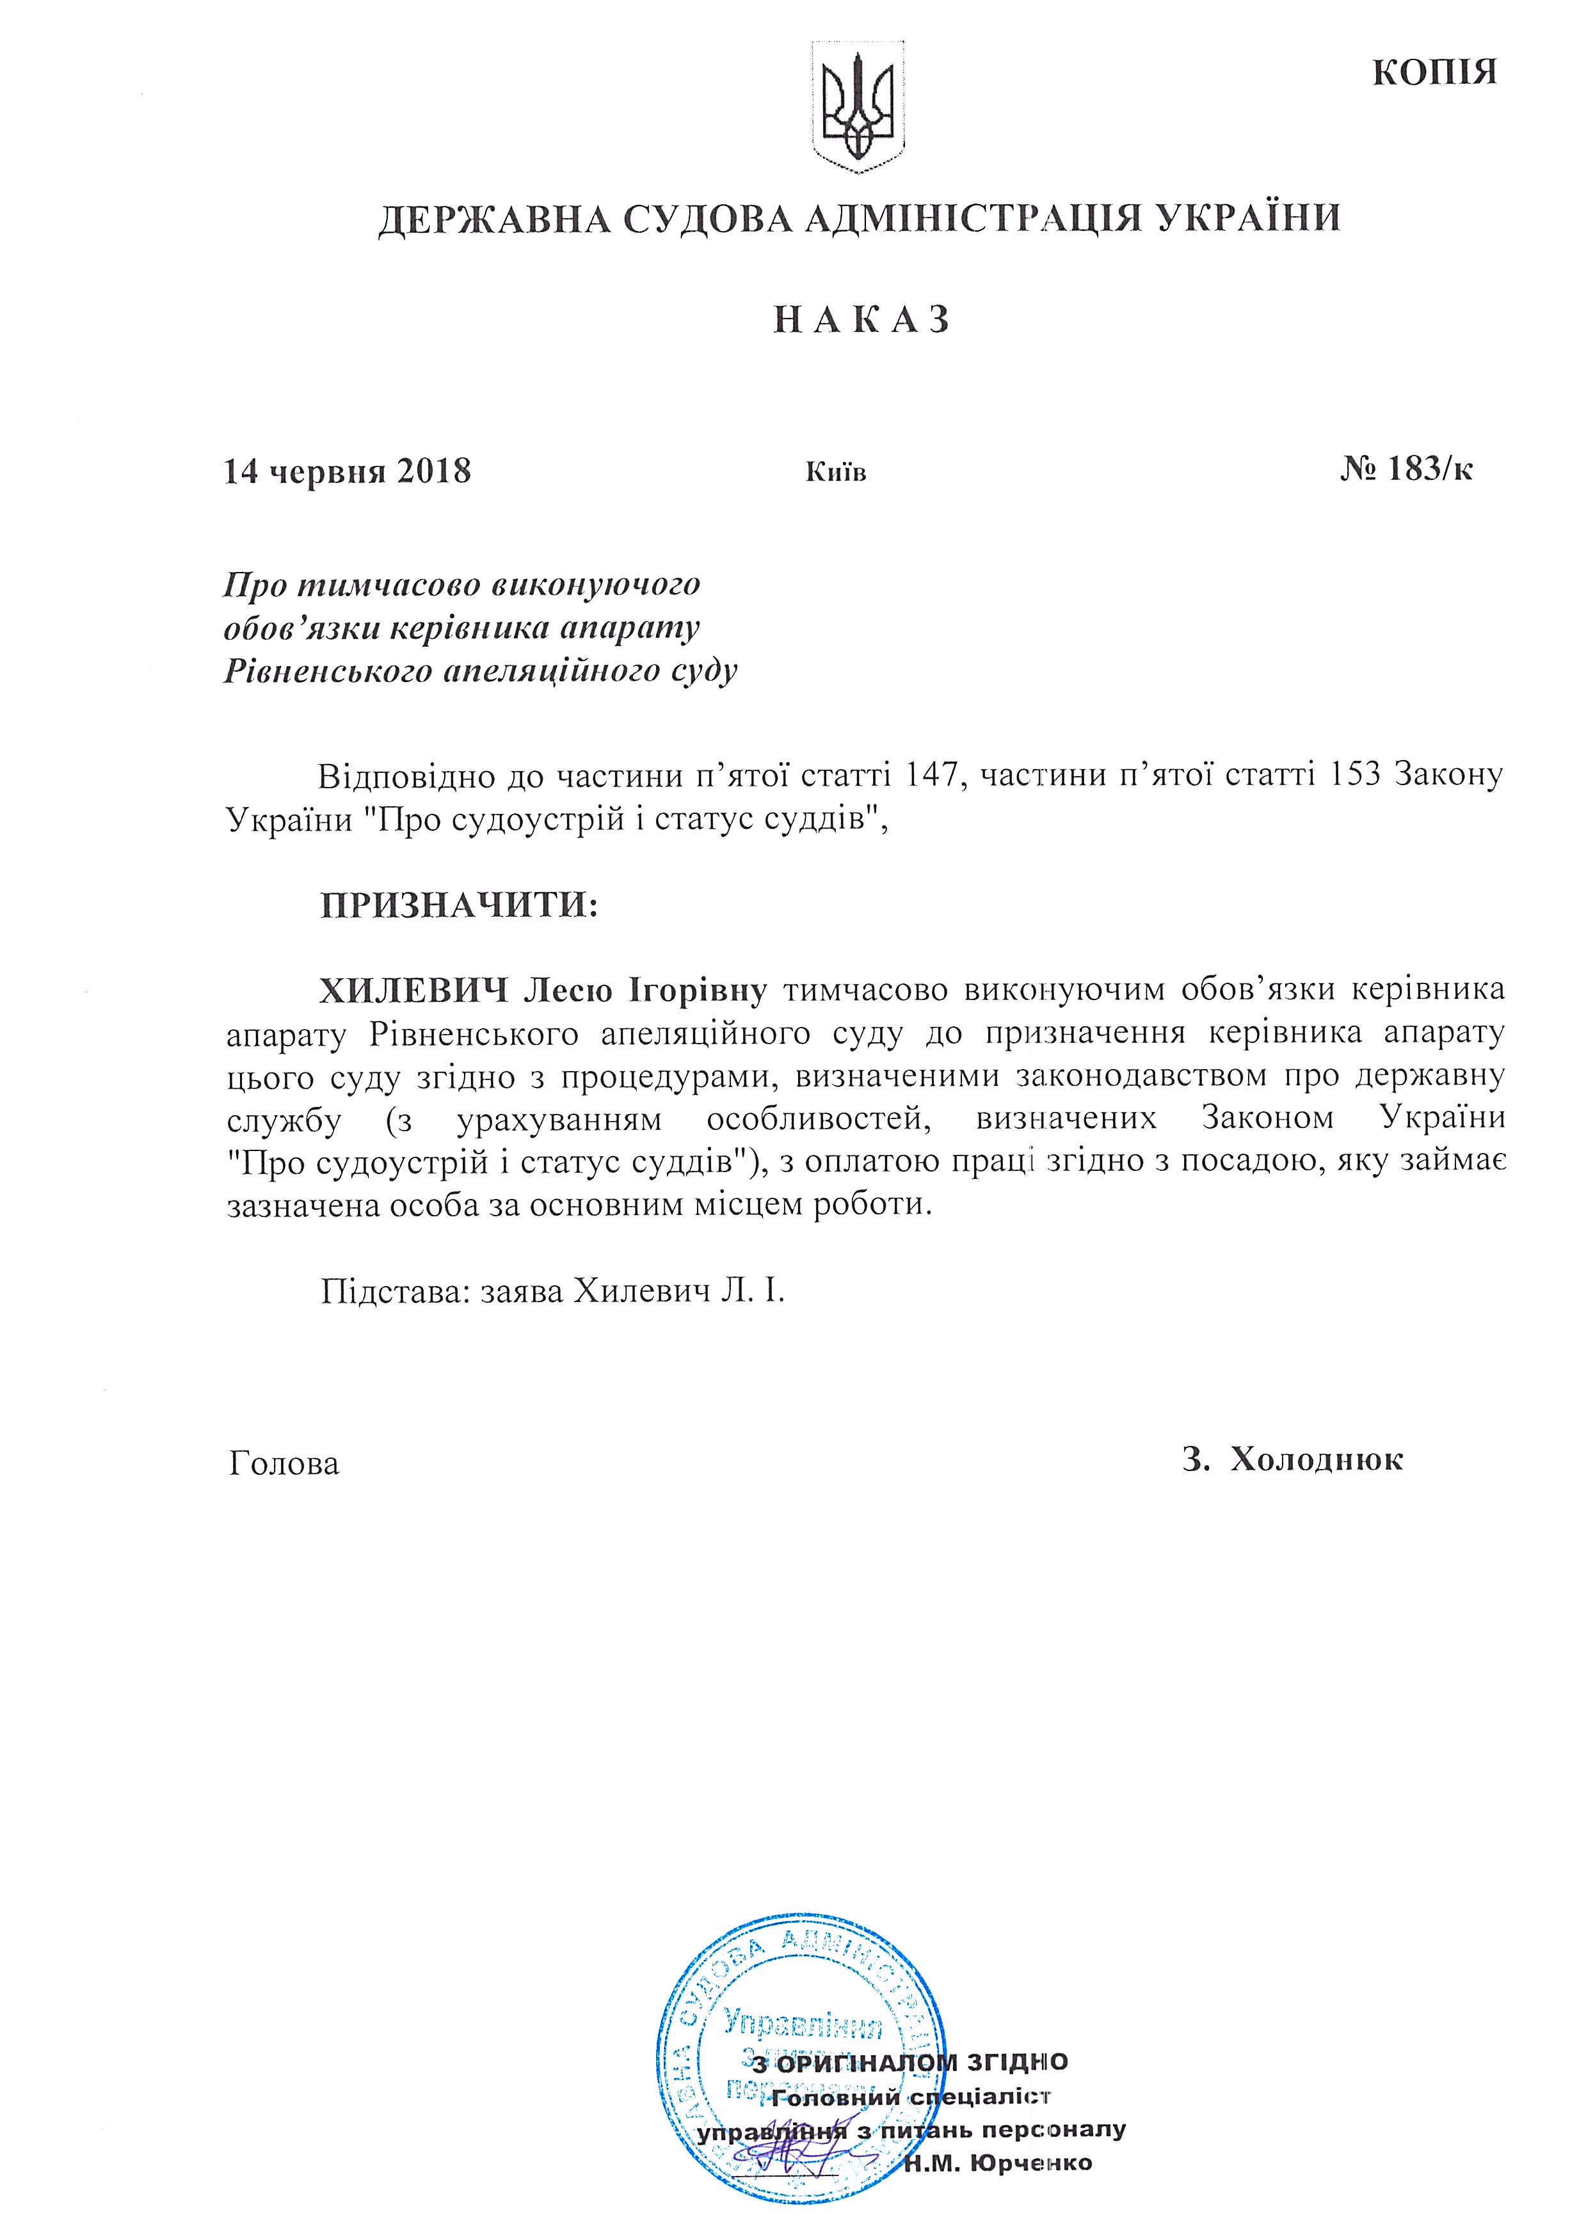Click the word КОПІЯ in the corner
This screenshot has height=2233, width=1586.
[1434, 73]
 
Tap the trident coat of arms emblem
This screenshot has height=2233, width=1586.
[858, 107]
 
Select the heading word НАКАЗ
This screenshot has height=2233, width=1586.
[861, 321]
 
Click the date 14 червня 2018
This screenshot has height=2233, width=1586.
[348, 472]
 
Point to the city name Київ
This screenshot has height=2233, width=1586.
[836, 473]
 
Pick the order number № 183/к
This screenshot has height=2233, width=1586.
[1406, 470]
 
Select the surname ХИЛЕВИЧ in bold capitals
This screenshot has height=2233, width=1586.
[414, 990]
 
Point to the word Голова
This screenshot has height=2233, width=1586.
[284, 1463]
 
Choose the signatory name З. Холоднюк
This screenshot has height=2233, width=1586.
[1292, 1459]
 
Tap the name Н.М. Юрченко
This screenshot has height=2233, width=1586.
[997, 2163]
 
